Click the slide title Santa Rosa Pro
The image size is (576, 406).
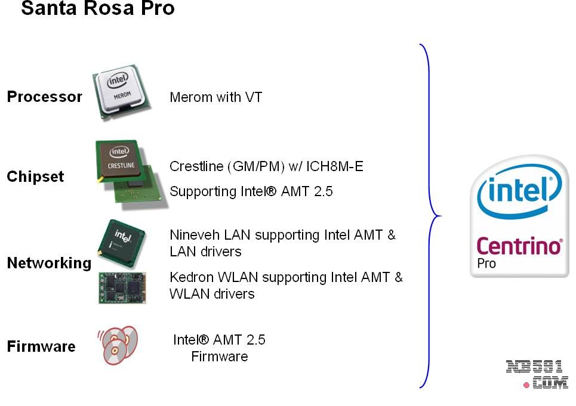click(x=98, y=9)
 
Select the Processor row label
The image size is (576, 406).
click(x=44, y=97)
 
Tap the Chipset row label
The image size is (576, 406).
click(x=35, y=177)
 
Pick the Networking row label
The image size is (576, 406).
click(x=49, y=263)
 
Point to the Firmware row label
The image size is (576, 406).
click(x=41, y=346)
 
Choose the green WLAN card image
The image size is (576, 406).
click(x=122, y=288)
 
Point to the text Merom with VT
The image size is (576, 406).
click(x=215, y=97)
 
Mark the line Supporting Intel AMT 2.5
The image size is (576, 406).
click(x=251, y=191)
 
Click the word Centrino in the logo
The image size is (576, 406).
click(x=519, y=246)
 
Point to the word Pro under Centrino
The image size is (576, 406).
click(x=486, y=263)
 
